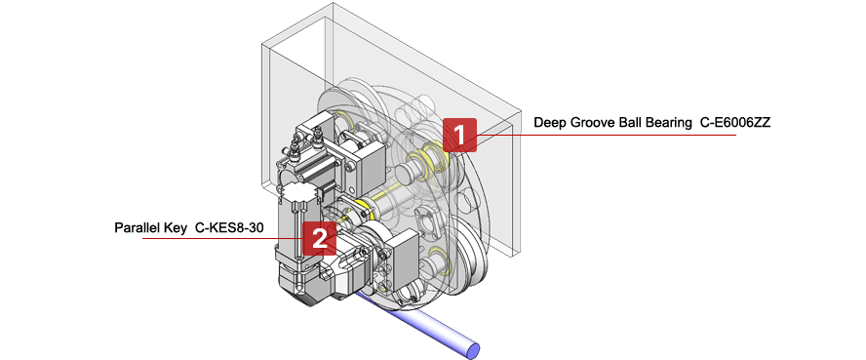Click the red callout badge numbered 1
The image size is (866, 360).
tap(459, 134)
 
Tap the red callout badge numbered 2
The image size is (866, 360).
tap(320, 237)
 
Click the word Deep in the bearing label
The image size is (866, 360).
tap(550, 123)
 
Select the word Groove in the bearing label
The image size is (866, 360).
tap(595, 123)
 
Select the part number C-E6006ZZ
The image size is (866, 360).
tap(735, 123)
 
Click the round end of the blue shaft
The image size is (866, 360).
tap(474, 346)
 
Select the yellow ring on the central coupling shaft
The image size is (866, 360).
tap(363, 207)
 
